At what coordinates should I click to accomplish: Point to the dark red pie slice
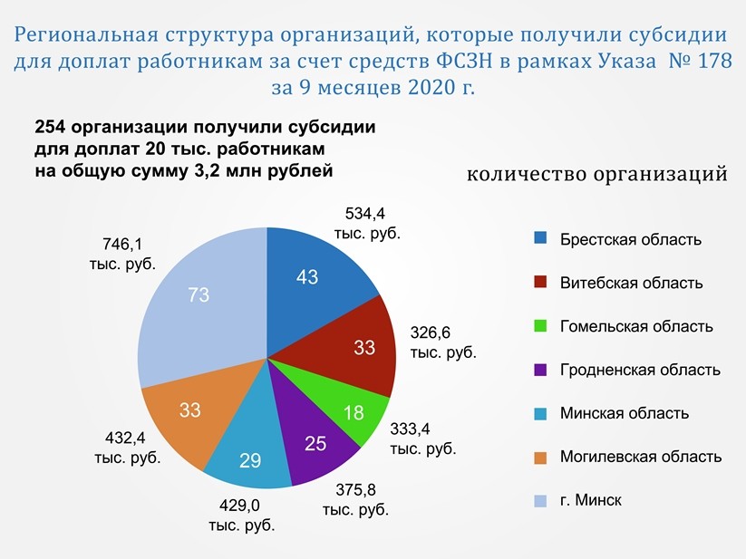(363, 349)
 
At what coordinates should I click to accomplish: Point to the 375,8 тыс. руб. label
(355, 500)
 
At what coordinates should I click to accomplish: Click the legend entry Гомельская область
(635, 326)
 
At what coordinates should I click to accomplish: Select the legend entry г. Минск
(590, 500)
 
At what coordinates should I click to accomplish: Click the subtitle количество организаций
(596, 173)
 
